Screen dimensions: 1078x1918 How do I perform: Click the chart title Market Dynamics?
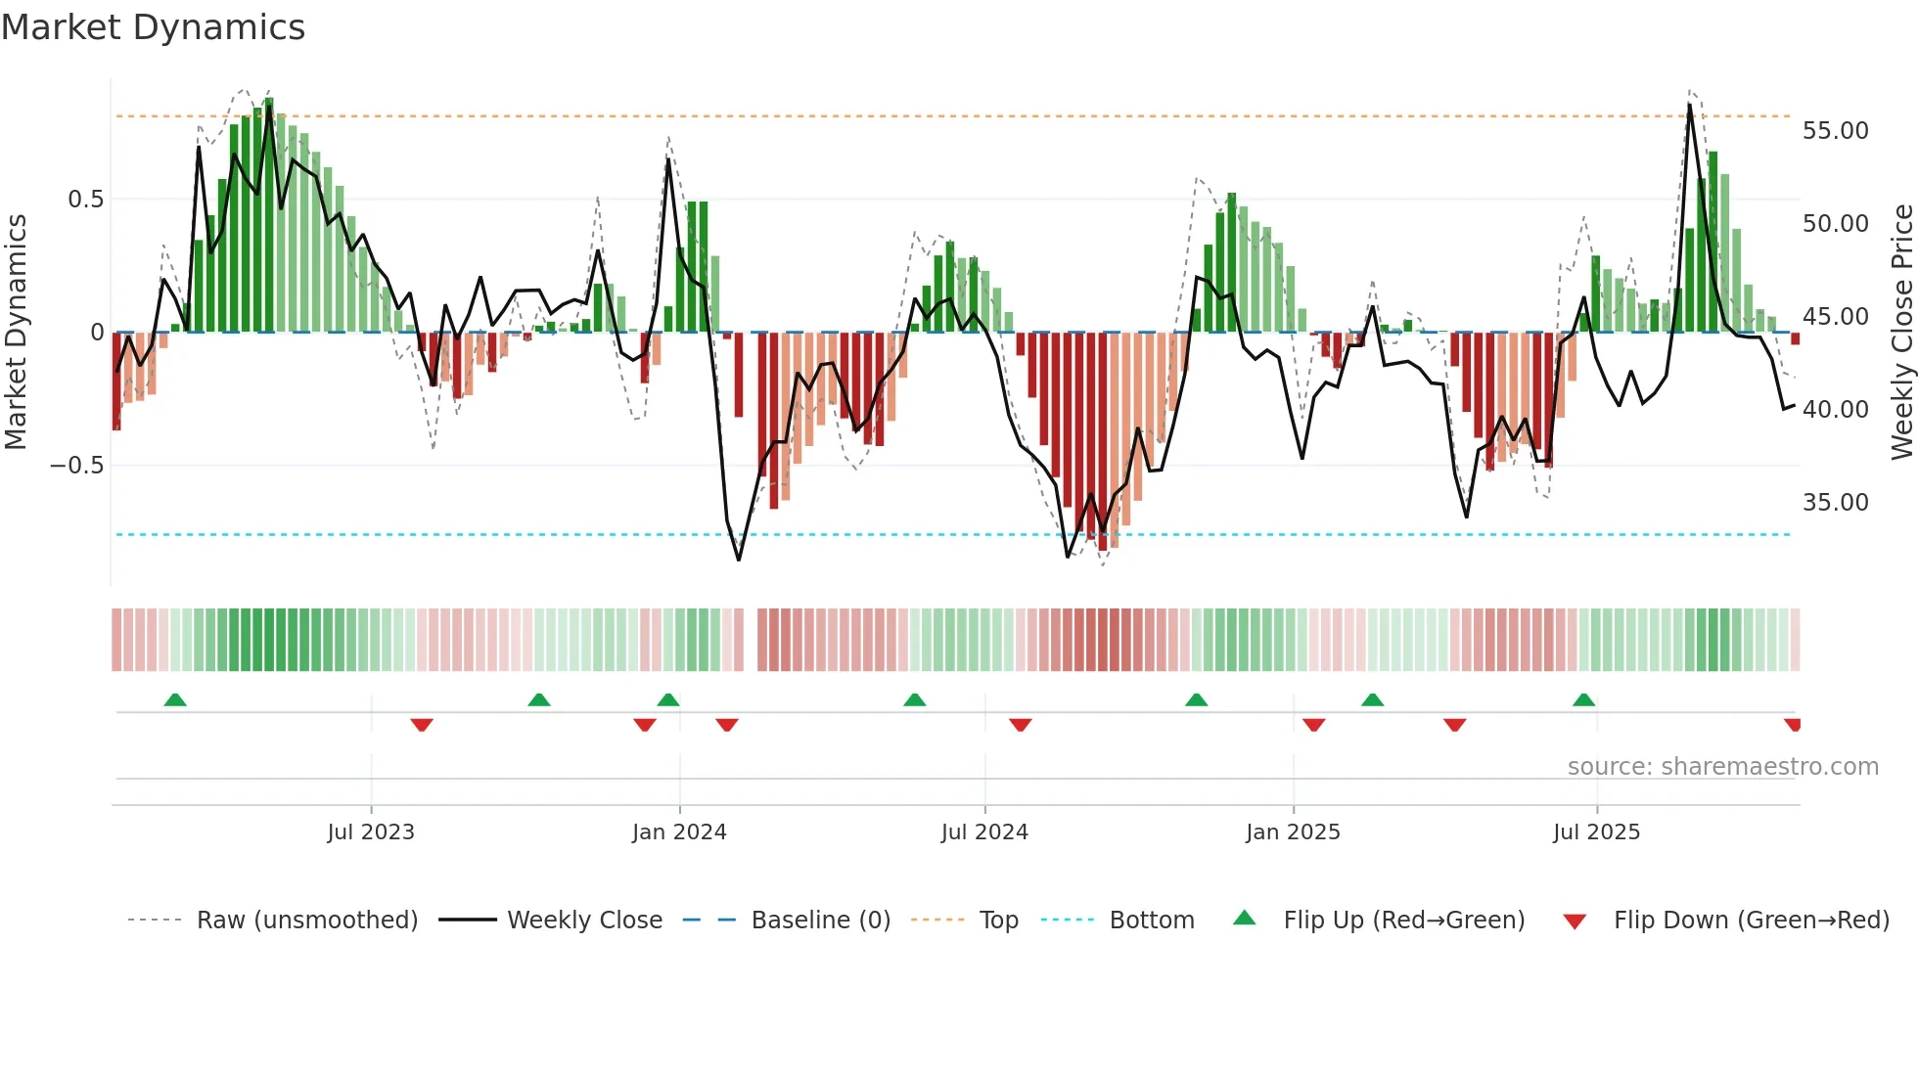tap(153, 27)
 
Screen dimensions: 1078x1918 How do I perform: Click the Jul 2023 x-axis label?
tap(371, 832)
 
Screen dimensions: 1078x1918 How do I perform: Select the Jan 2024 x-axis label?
tap(679, 832)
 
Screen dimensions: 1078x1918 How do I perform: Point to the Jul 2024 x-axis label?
tap(984, 832)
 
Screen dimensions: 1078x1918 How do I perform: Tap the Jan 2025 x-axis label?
tap(1293, 832)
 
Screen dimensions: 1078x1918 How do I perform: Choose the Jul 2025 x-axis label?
tap(1596, 832)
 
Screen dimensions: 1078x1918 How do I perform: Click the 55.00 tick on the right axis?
tap(1835, 131)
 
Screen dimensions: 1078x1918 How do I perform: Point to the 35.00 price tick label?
tap(1835, 503)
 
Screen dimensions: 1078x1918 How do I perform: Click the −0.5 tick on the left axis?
tap(76, 466)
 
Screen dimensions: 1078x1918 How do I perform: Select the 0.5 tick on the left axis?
tap(85, 200)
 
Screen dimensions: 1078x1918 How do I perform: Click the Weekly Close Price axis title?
tap(1901, 332)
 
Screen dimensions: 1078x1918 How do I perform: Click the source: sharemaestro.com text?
tap(1722, 767)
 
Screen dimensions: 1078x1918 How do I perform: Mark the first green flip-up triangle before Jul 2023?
tap(175, 700)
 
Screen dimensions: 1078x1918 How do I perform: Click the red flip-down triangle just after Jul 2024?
tap(1020, 725)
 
